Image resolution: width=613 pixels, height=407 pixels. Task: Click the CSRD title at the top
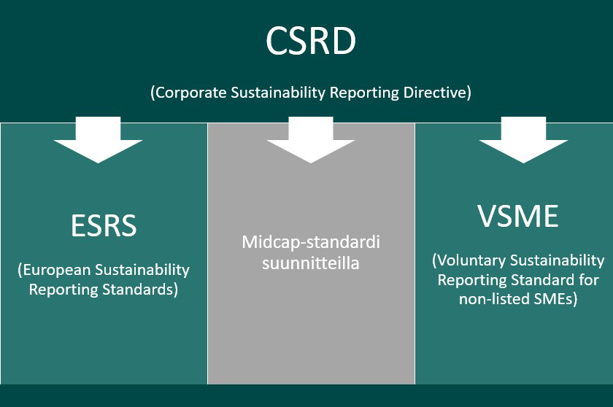(311, 42)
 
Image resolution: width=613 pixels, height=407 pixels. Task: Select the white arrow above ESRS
(99, 143)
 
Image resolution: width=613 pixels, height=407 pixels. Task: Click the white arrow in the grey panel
(311, 143)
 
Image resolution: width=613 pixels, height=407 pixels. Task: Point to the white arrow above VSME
(523, 143)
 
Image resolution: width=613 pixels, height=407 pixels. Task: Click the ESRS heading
(104, 226)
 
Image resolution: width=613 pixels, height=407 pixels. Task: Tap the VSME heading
(518, 217)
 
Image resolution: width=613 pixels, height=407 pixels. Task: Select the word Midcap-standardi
(311, 241)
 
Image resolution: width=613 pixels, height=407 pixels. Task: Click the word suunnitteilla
(311, 263)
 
